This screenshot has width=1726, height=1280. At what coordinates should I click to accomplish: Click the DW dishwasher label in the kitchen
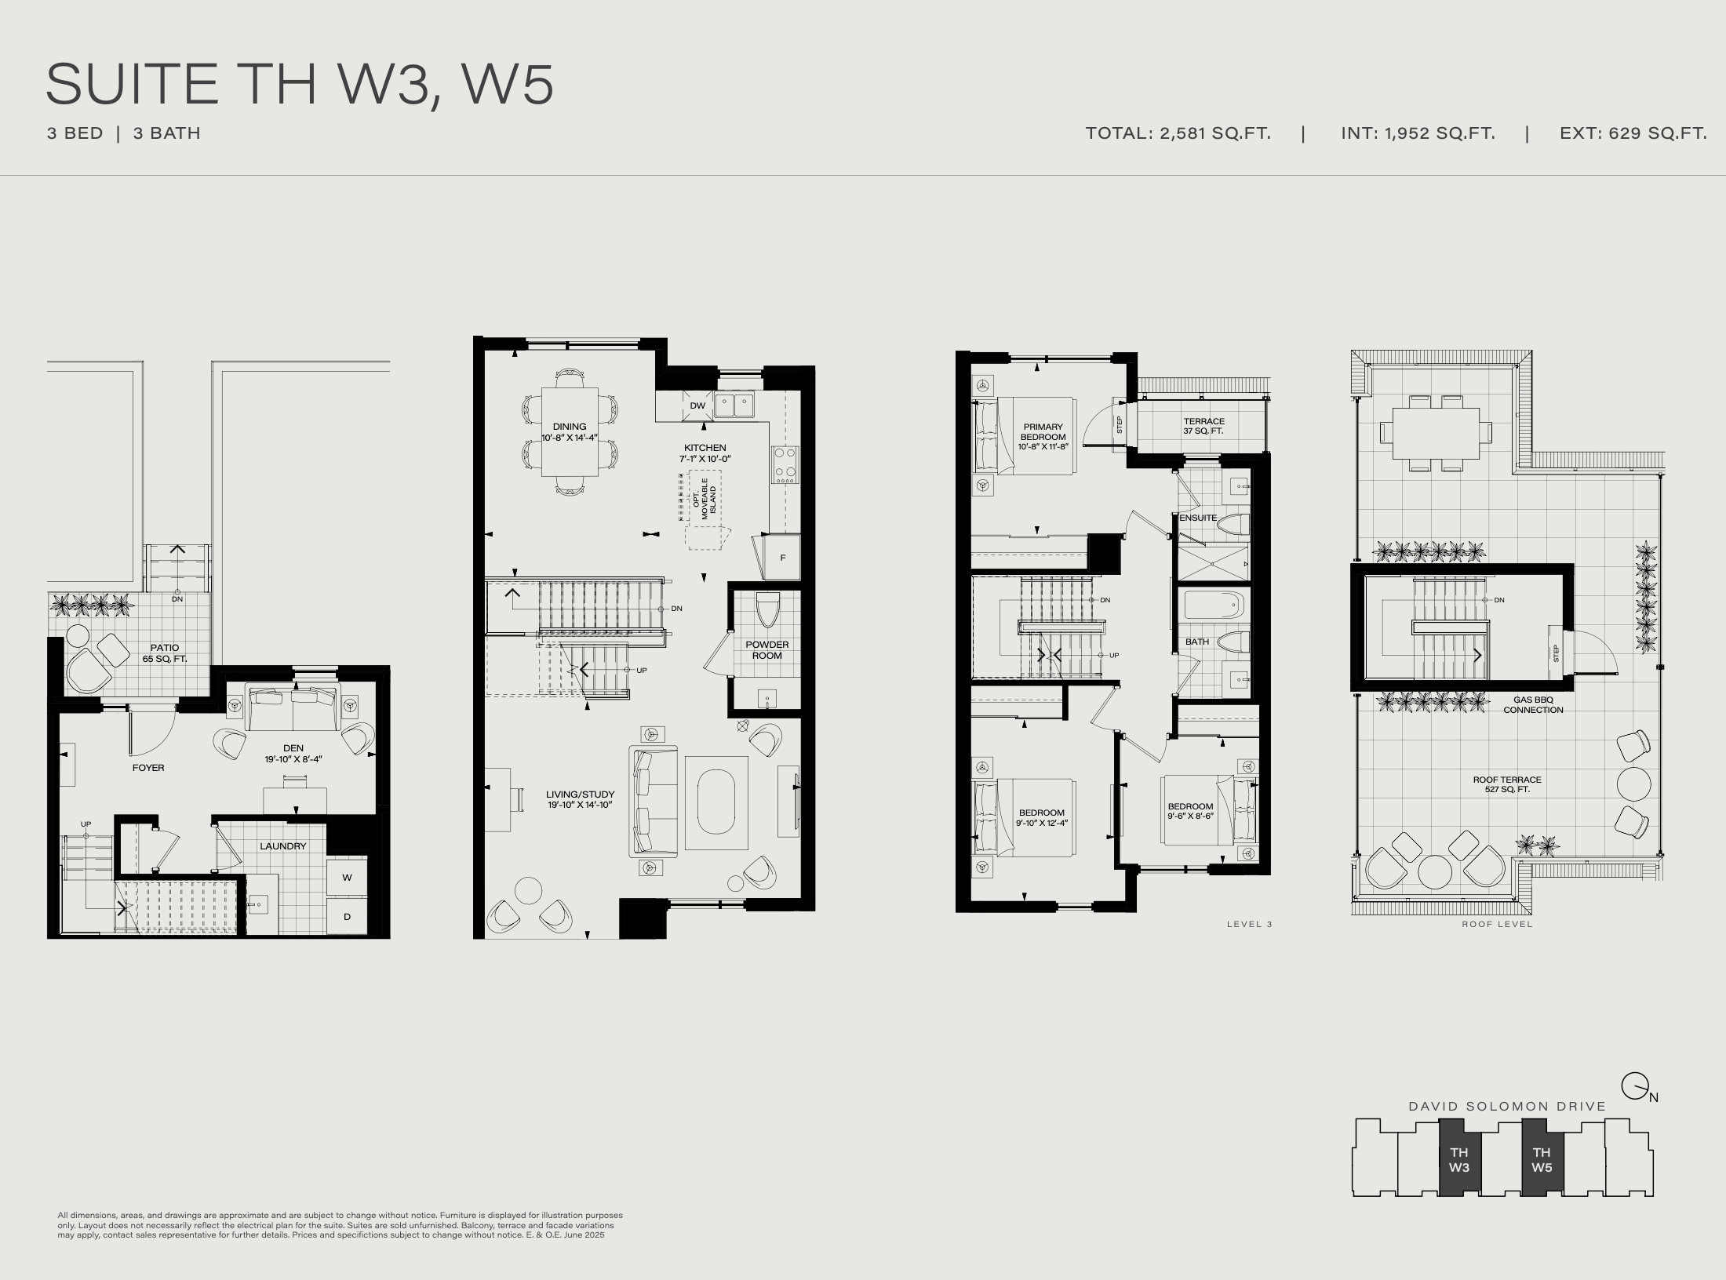[697, 405]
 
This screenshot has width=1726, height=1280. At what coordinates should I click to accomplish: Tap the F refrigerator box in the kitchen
[782, 558]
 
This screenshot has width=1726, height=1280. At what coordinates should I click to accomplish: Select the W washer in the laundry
[347, 878]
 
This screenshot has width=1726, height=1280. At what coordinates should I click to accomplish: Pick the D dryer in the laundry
[347, 916]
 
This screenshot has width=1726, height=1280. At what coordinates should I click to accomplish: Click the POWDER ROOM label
[767, 650]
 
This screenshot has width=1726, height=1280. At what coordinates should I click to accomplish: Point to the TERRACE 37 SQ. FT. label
[1203, 427]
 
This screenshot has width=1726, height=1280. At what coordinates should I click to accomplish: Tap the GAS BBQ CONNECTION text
[1533, 705]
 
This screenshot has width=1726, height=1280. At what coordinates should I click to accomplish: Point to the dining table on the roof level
[1437, 433]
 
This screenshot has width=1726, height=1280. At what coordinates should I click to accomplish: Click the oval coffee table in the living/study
[716, 802]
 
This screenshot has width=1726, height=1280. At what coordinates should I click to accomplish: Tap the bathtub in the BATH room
[1214, 606]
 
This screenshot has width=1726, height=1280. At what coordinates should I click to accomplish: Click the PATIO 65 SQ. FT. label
[165, 653]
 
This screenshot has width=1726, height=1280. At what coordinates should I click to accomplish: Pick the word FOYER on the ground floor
[148, 768]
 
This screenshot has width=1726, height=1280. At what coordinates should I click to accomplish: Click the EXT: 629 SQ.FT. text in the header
[1633, 133]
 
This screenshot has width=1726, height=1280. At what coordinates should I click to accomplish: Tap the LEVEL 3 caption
[1250, 924]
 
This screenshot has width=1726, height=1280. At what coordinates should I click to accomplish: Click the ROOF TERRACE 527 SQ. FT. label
[1507, 784]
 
